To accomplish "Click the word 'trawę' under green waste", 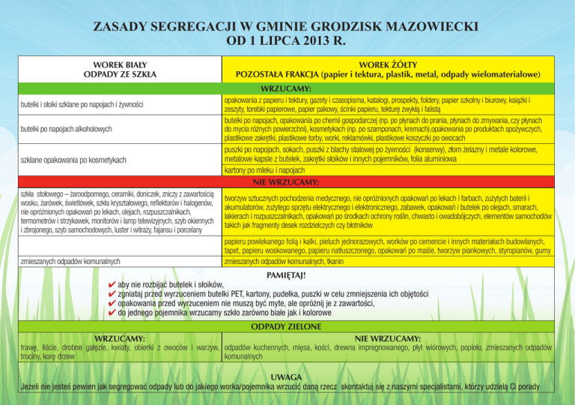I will click(x=31, y=348).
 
